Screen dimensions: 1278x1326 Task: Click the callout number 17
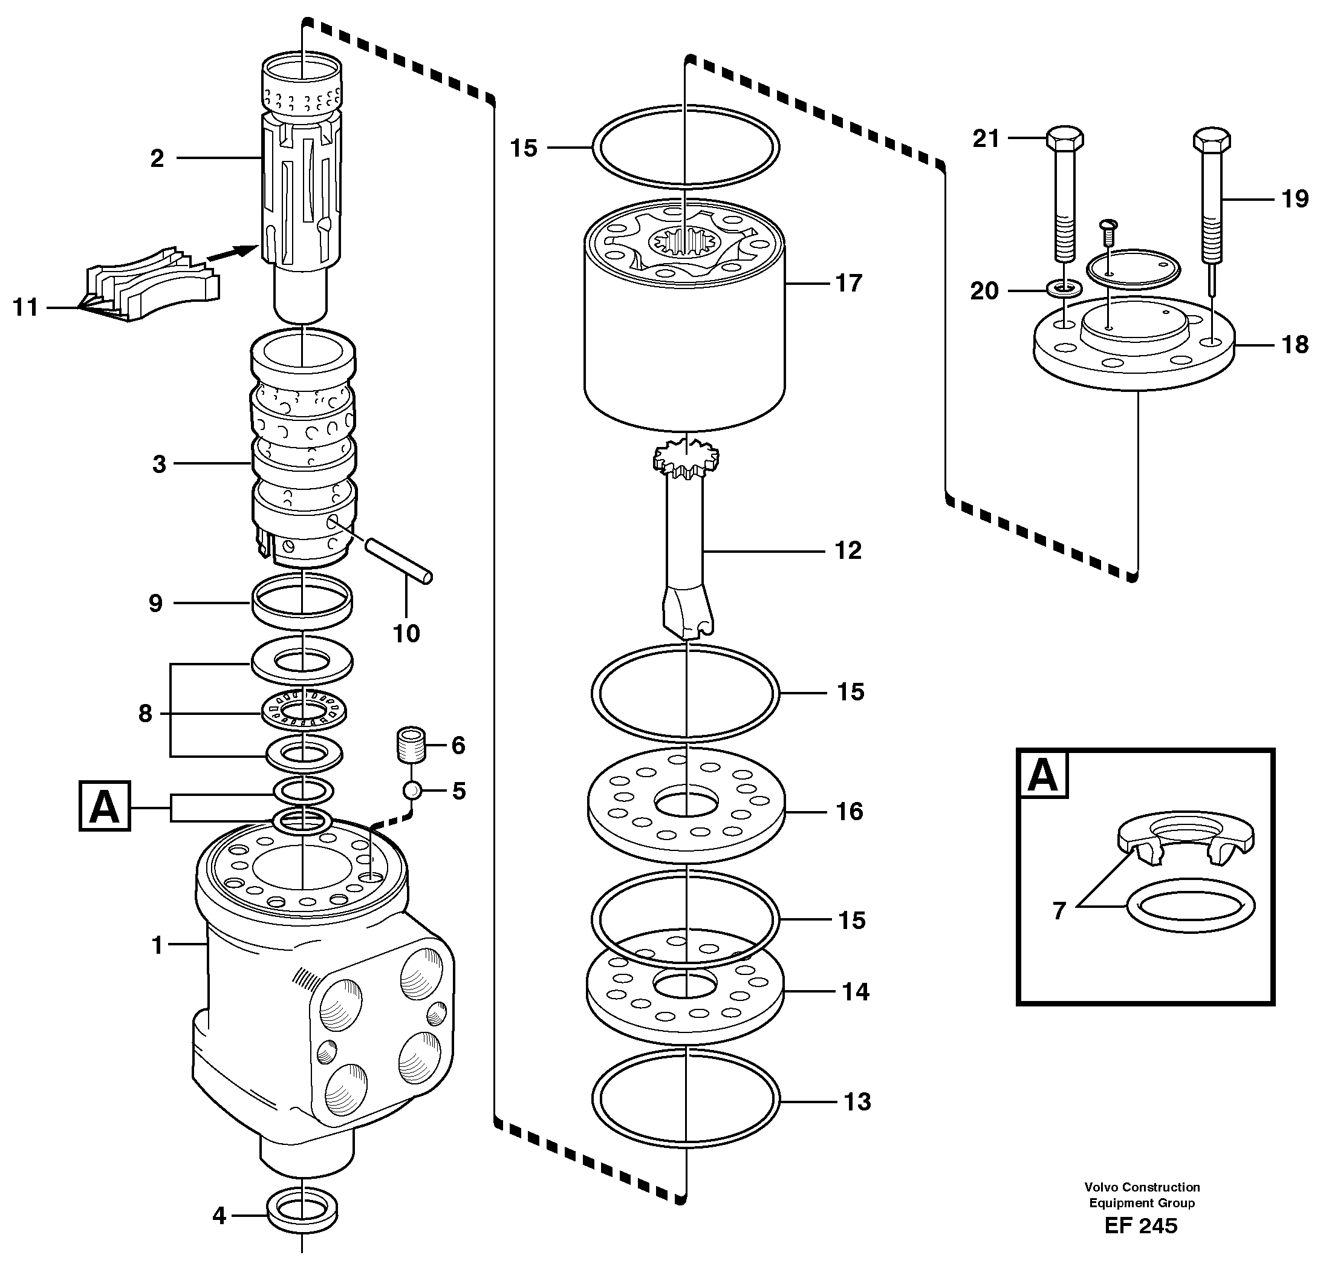tap(849, 283)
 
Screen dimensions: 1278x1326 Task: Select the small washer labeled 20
tap(1064, 290)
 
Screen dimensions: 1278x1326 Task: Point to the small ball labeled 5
tap(412, 790)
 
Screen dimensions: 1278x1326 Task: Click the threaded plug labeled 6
tap(411, 744)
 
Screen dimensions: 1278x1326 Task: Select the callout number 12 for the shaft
tap(848, 550)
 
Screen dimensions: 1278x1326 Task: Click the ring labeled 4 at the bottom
tap(302, 1215)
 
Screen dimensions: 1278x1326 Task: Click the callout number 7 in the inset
tap(1059, 911)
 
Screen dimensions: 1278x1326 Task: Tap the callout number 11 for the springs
tap(26, 307)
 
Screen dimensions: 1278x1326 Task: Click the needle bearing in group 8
tap(304, 711)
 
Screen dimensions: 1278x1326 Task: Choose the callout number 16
tap(850, 811)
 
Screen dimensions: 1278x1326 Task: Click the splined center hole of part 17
tap(684, 240)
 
